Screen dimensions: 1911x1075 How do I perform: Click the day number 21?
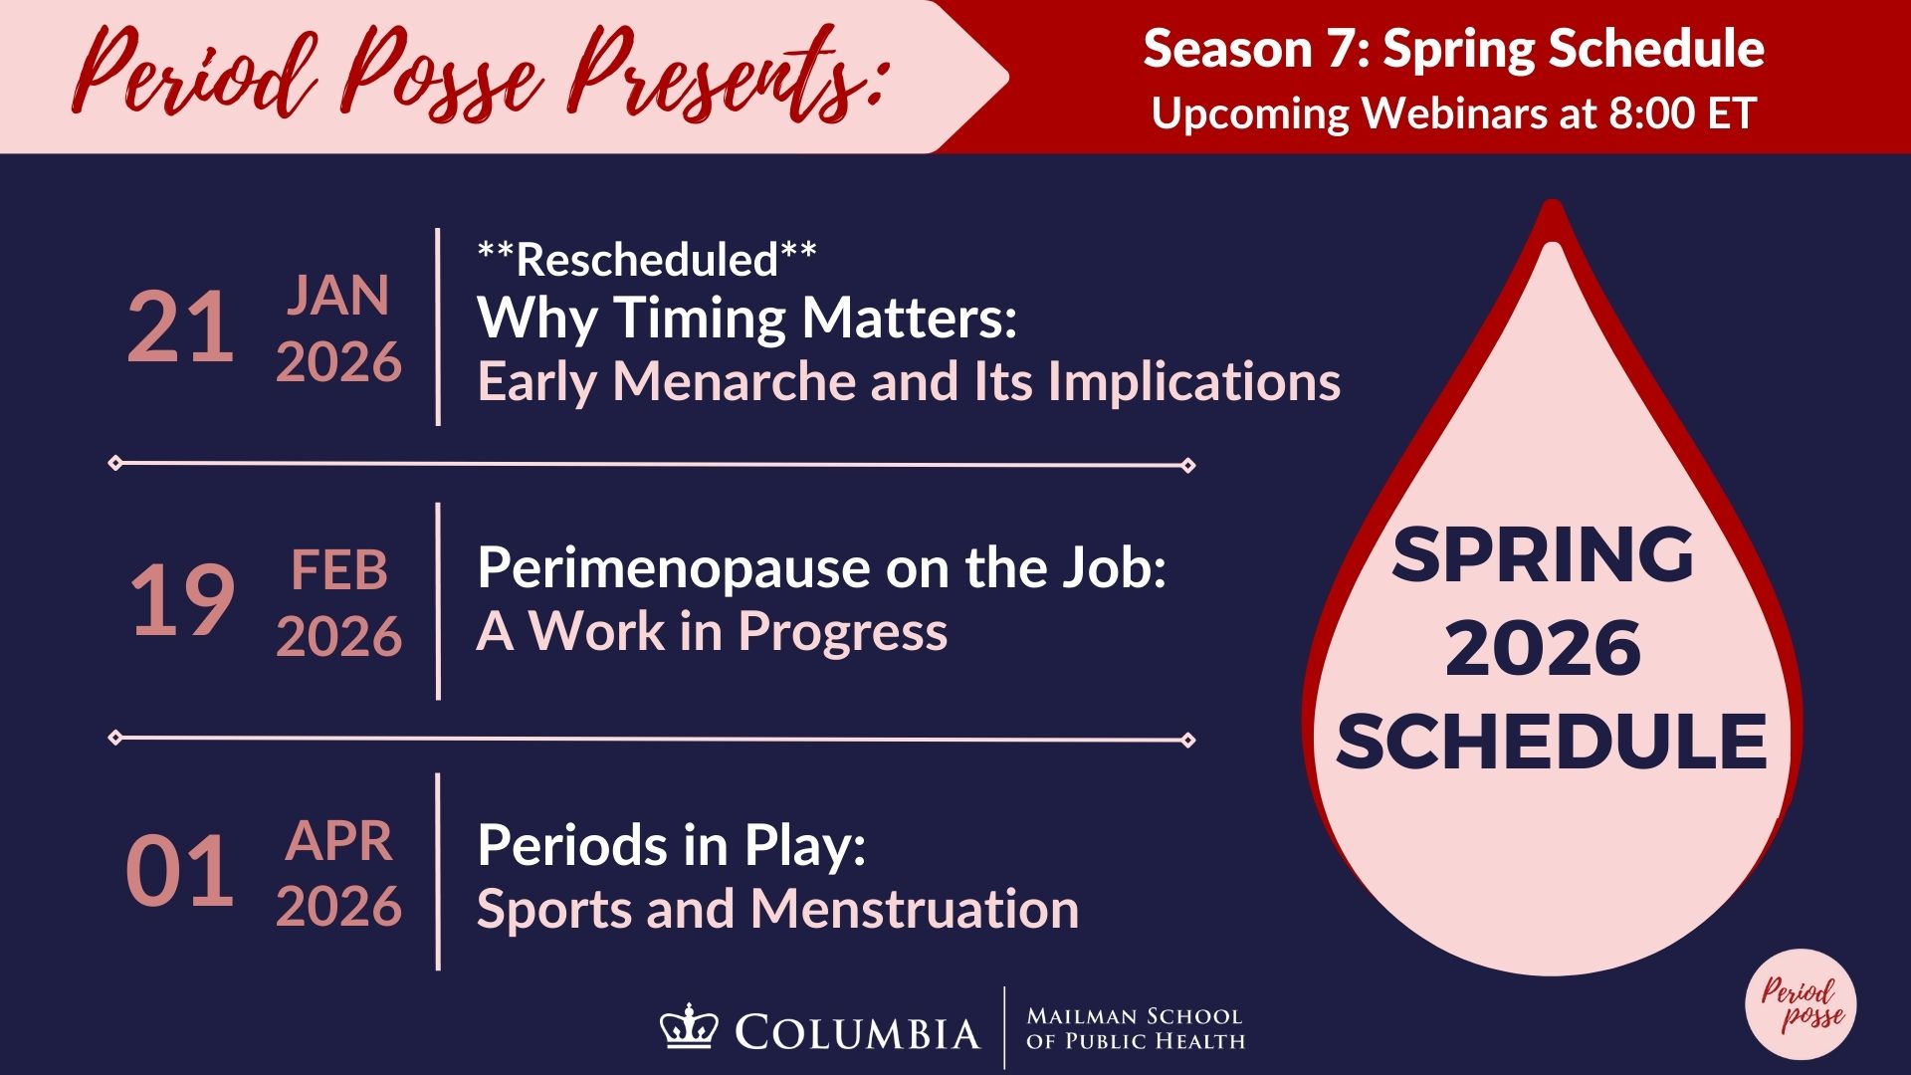(x=180, y=327)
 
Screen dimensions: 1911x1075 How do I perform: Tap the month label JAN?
(x=338, y=296)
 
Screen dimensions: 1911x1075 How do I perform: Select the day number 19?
(x=182, y=600)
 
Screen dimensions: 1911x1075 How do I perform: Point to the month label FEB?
(x=338, y=570)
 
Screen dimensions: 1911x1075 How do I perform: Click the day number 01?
(x=180, y=872)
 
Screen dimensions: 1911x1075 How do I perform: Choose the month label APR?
(x=339, y=842)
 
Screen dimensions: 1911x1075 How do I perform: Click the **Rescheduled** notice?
(x=647, y=259)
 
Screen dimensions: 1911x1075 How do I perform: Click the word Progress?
(x=843, y=633)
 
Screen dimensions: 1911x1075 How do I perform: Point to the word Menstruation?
(x=915, y=909)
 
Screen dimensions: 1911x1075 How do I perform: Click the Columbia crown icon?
(x=688, y=1025)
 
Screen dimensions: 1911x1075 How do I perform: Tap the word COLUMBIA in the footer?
(x=857, y=1033)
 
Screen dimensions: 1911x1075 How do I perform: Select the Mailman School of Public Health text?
(x=1136, y=1029)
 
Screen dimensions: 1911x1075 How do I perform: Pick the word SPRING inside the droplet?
(x=1543, y=554)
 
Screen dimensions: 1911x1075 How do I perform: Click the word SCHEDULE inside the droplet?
(x=1551, y=742)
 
